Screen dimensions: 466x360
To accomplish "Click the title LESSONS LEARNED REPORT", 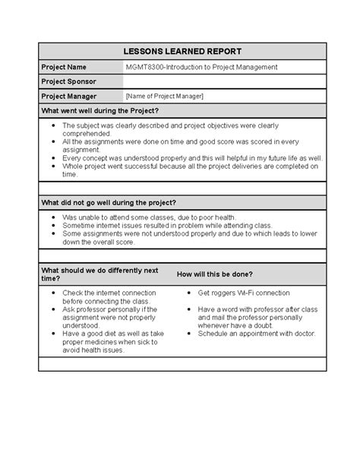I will [182, 52].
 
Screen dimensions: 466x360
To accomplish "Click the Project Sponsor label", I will [69, 81].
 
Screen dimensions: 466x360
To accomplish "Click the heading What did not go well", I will [108, 203].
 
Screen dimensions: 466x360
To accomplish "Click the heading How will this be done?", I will [215, 273].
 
